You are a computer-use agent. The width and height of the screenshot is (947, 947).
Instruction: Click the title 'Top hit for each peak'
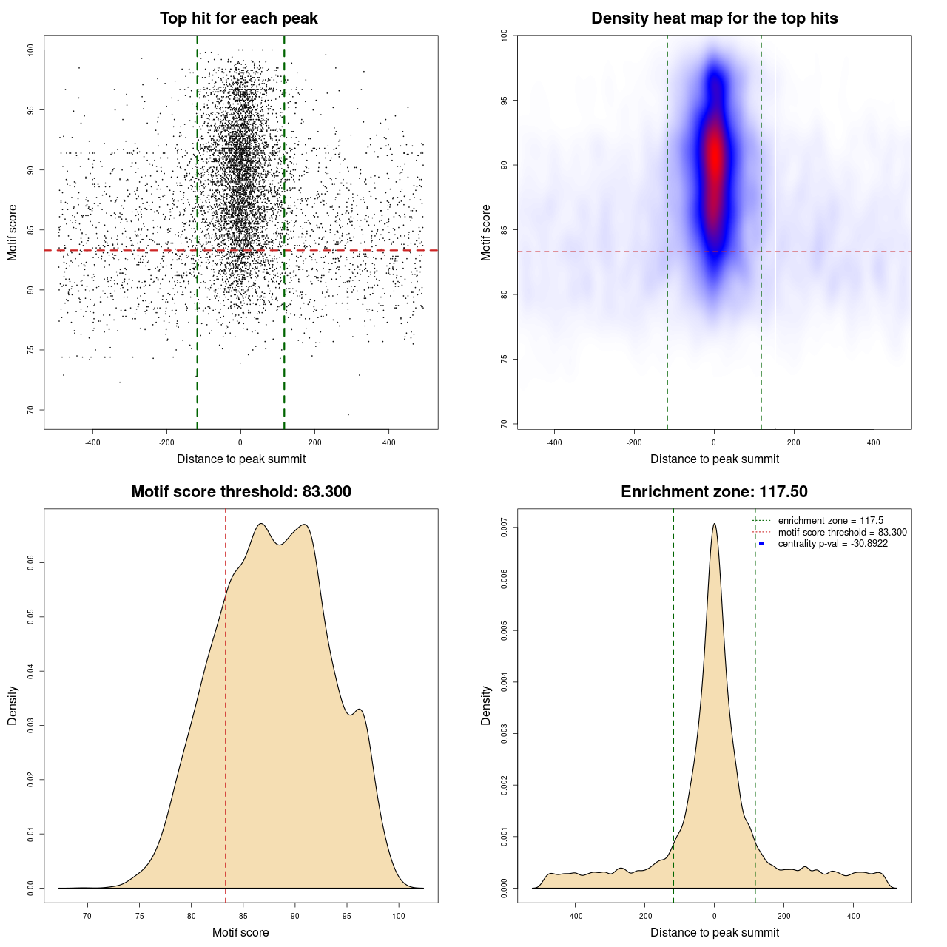point(238,18)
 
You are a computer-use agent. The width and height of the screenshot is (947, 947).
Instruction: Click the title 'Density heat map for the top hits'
point(714,18)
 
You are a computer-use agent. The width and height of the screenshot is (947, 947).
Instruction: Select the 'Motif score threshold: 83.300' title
point(240,492)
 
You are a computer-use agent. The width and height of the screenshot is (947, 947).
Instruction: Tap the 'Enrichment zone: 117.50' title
point(714,492)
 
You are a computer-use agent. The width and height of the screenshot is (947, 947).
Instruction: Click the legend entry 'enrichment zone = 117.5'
point(830,521)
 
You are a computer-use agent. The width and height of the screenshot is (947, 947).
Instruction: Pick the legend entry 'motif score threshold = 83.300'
point(842,532)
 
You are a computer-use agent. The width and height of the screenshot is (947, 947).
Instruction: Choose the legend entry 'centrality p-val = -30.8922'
point(832,544)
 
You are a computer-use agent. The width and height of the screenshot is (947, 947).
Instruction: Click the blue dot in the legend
point(761,544)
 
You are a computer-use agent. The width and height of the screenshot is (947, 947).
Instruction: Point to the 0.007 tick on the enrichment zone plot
point(505,528)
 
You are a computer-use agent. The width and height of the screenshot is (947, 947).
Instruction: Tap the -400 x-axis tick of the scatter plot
point(92,442)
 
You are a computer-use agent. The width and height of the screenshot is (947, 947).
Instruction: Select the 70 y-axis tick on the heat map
point(505,424)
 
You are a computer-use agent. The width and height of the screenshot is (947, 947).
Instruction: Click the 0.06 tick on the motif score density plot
point(31,564)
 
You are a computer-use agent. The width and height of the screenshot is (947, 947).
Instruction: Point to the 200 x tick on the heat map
point(794,442)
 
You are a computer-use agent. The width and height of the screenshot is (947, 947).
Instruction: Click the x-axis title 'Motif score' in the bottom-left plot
point(240,932)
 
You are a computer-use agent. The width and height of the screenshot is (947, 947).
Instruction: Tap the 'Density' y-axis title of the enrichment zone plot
point(486,705)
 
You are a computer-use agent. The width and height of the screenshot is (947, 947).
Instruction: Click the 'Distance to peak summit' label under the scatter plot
point(241,459)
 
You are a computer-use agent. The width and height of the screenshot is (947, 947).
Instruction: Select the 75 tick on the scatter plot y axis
point(31,350)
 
